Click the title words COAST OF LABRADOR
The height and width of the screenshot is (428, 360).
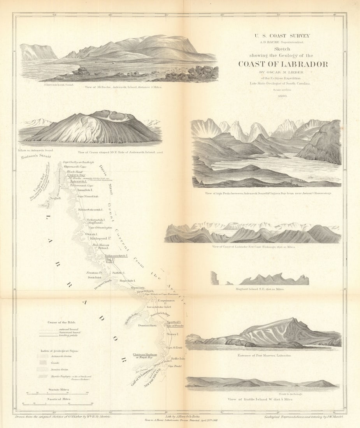coord(283,65)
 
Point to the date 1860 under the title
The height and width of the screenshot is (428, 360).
coord(283,95)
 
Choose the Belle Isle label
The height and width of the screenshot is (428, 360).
coord(177,358)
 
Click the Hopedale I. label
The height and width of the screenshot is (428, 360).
coord(127,280)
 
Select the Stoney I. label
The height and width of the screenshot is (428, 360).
coord(172,334)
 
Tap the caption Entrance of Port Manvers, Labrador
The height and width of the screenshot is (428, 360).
coord(264,355)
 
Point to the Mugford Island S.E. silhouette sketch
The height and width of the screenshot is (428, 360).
coord(272,279)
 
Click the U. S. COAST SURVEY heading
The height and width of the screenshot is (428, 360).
coord(283,36)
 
